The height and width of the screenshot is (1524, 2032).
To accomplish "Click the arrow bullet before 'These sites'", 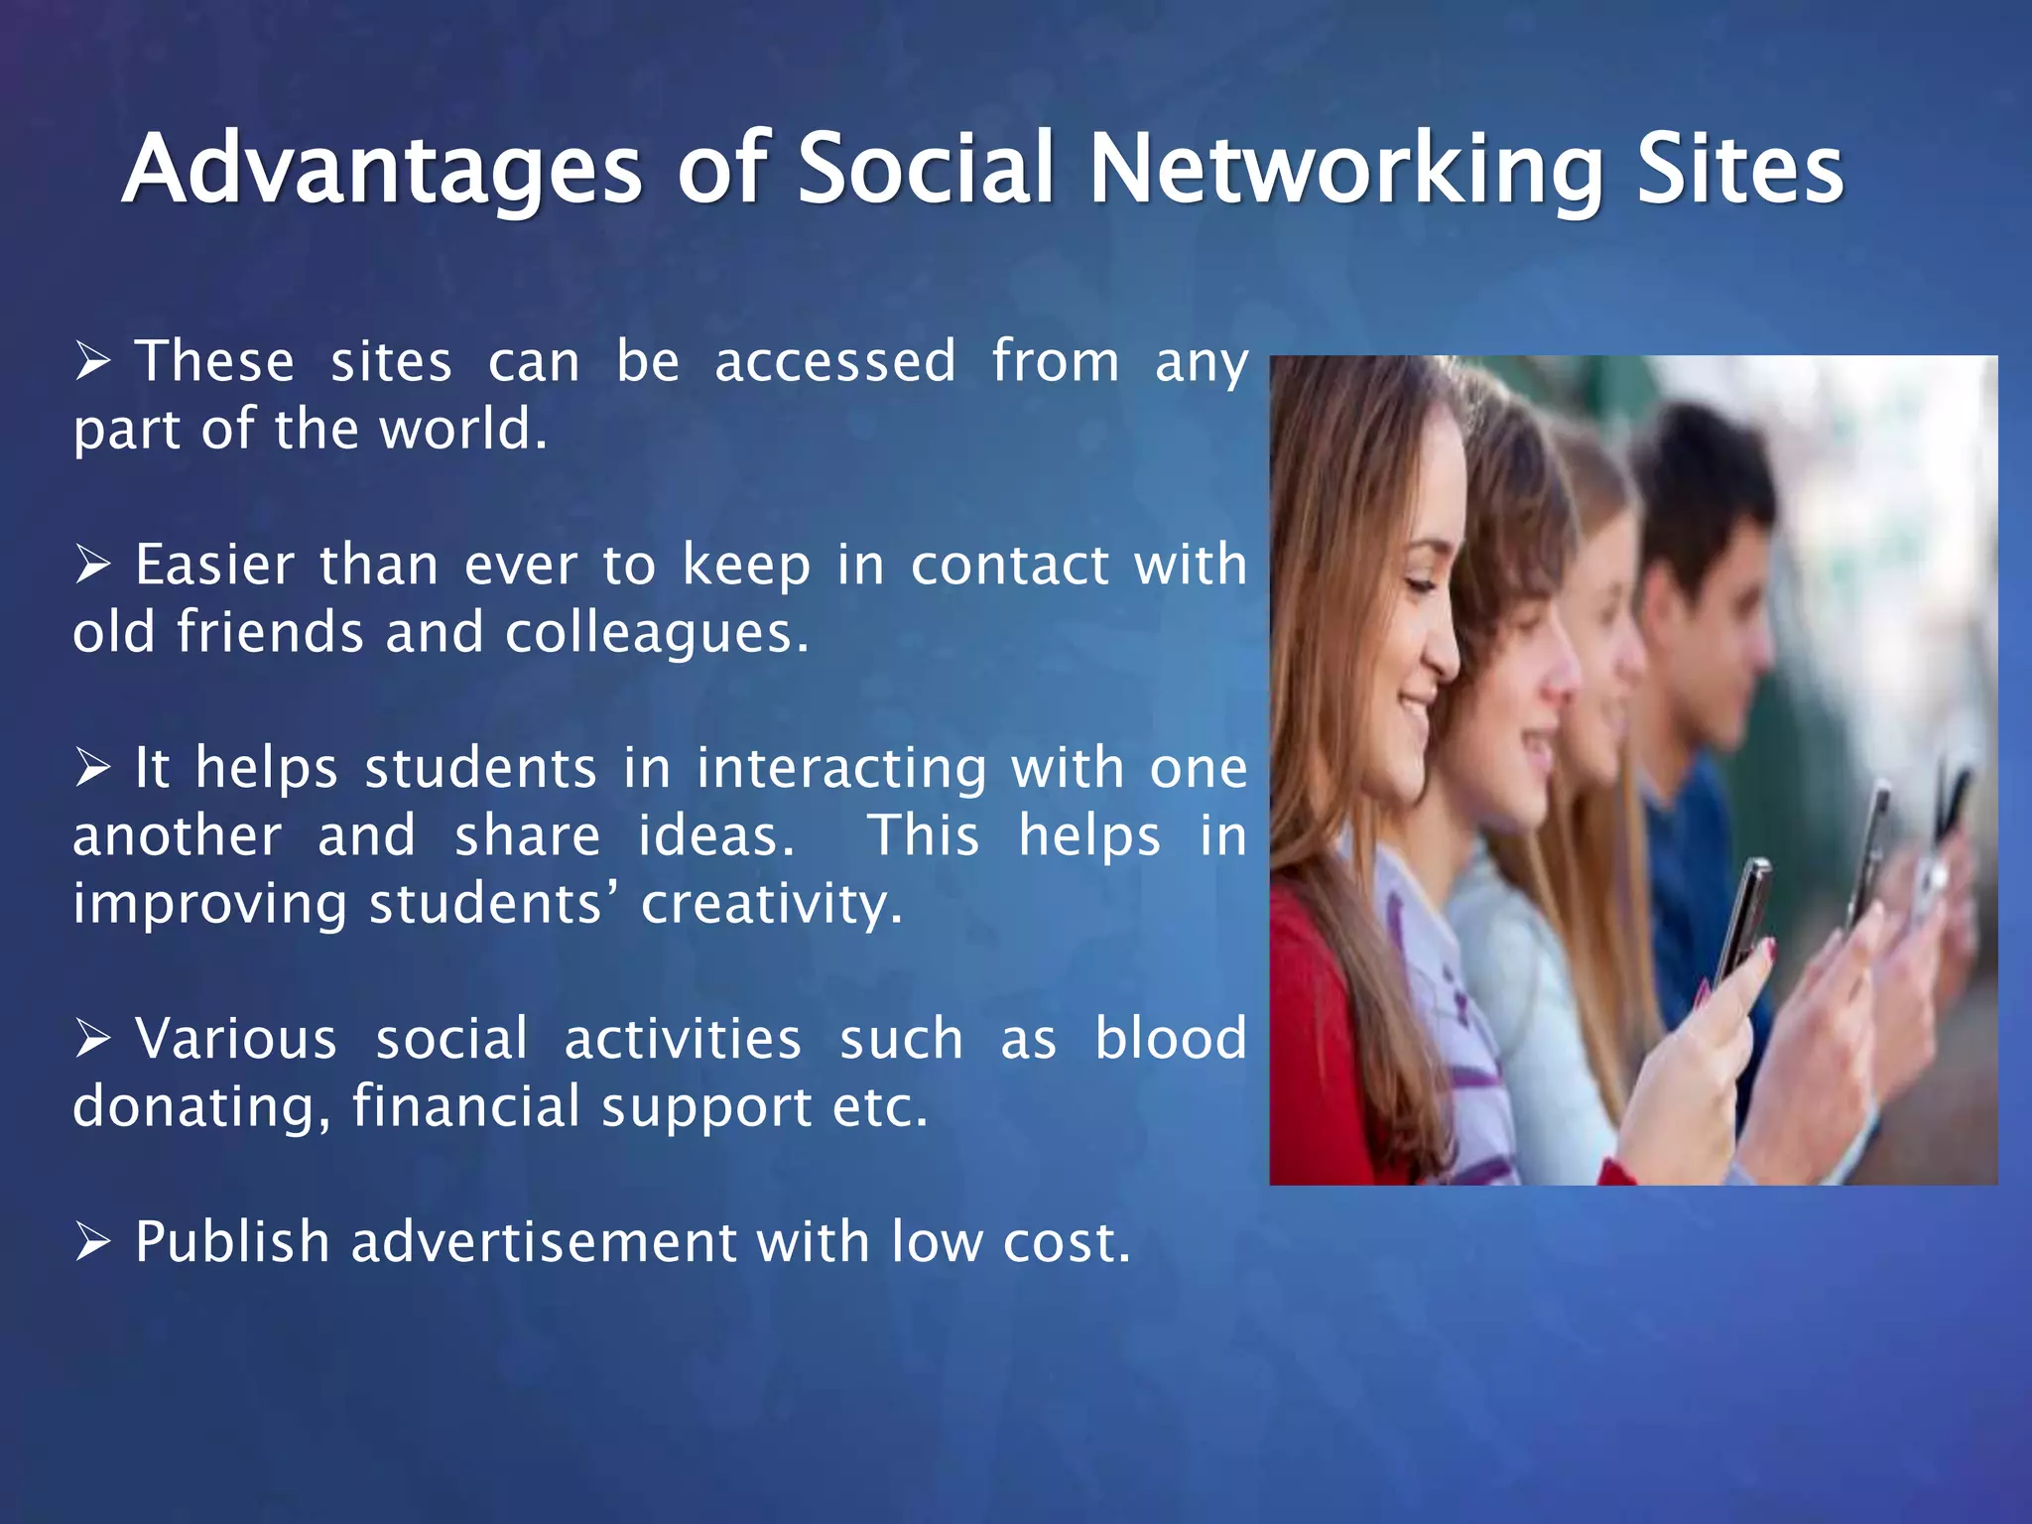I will (93, 361).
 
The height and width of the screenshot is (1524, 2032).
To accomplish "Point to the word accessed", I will (835, 361).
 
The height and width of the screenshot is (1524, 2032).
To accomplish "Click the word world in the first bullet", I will (463, 430).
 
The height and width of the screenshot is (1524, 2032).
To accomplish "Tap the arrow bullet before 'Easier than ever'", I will (93, 566).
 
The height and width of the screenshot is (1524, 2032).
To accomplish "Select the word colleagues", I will (656, 633).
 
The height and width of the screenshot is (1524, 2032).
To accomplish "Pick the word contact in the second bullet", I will (1009, 566).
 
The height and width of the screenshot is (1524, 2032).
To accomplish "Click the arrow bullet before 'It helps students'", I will (93, 769).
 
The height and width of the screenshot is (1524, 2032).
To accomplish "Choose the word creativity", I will (771, 905).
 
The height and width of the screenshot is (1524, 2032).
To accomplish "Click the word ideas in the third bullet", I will (715, 836).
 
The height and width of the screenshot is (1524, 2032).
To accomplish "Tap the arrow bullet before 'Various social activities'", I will (93, 1040).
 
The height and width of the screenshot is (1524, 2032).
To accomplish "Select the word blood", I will (1170, 1039).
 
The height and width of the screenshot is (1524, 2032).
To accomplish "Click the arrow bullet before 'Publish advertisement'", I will (93, 1242).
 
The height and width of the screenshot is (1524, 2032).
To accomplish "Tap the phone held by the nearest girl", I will (1745, 913).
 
